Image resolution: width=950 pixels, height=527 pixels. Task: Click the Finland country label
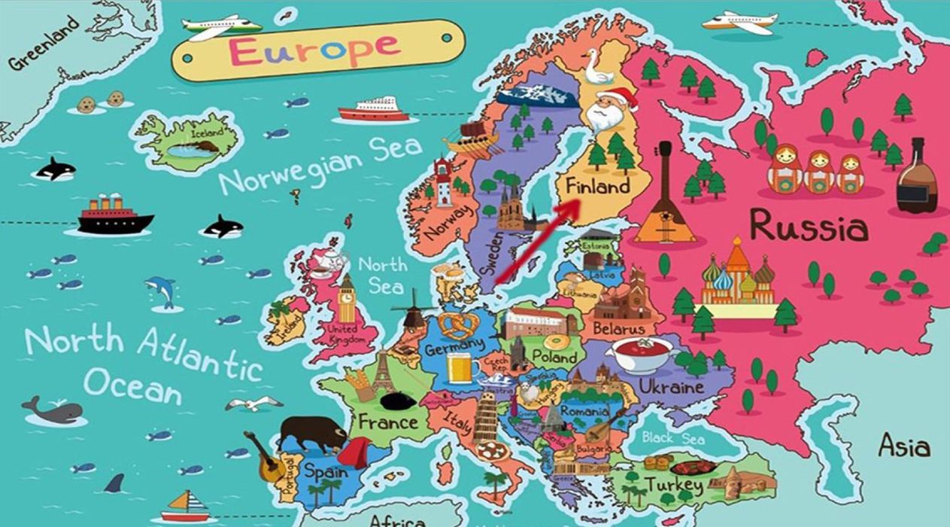[x=598, y=187]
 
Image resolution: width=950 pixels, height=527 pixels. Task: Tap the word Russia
[x=809, y=226]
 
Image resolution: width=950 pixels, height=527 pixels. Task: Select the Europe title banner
[x=314, y=50]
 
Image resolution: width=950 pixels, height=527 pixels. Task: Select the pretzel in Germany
[x=455, y=324]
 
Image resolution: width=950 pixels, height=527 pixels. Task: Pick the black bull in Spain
[x=310, y=434]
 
